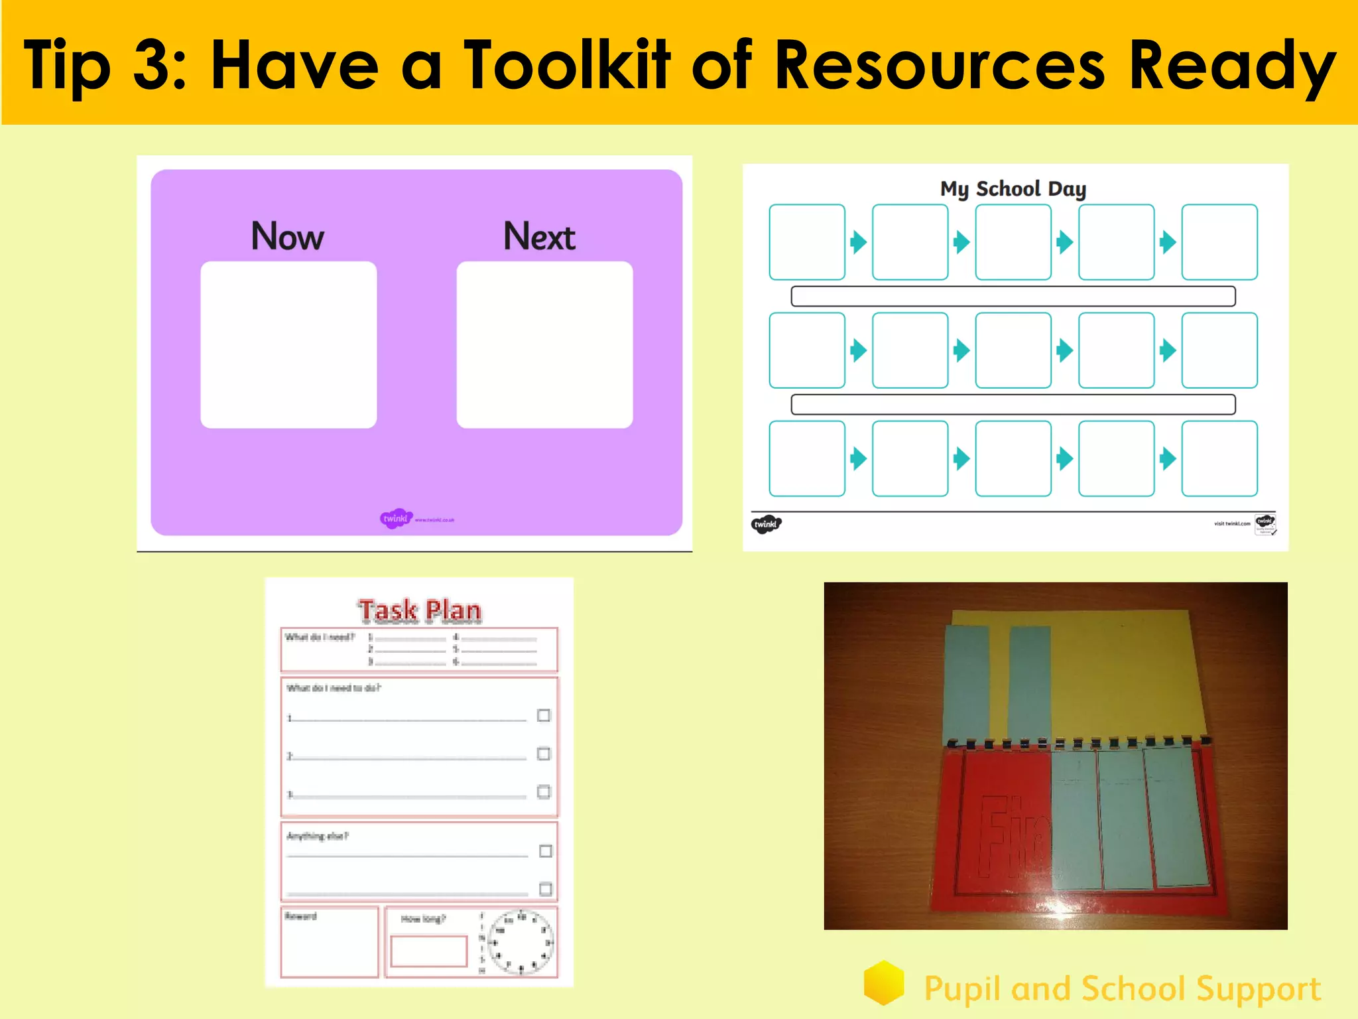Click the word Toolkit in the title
click(567, 64)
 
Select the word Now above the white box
click(287, 236)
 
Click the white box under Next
click(544, 344)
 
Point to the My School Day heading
click(1013, 189)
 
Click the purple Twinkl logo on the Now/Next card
click(397, 519)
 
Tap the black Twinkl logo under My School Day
click(766, 524)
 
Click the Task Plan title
click(420, 610)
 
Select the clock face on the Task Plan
click(521, 942)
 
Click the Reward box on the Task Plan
click(330, 942)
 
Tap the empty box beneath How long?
click(428, 951)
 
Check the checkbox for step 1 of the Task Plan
click(544, 715)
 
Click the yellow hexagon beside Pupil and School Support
click(884, 983)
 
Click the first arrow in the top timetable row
click(859, 242)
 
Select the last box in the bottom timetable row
click(1219, 458)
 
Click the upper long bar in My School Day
click(1013, 296)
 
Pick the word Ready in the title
click(1232, 64)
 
